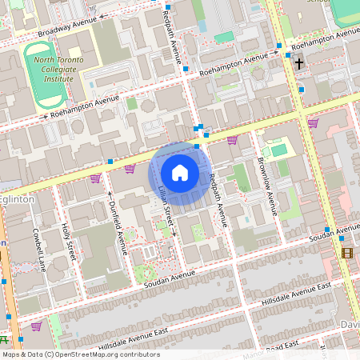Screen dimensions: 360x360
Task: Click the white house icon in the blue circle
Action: coord(180,172)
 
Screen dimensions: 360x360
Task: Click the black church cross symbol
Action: coord(299,63)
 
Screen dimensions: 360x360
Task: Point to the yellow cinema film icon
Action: coord(347,253)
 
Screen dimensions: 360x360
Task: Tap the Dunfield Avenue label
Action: coord(117,226)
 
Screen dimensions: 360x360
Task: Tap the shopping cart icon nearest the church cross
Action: coord(312,122)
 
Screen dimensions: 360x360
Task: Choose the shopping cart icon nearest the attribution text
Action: coord(36,326)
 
